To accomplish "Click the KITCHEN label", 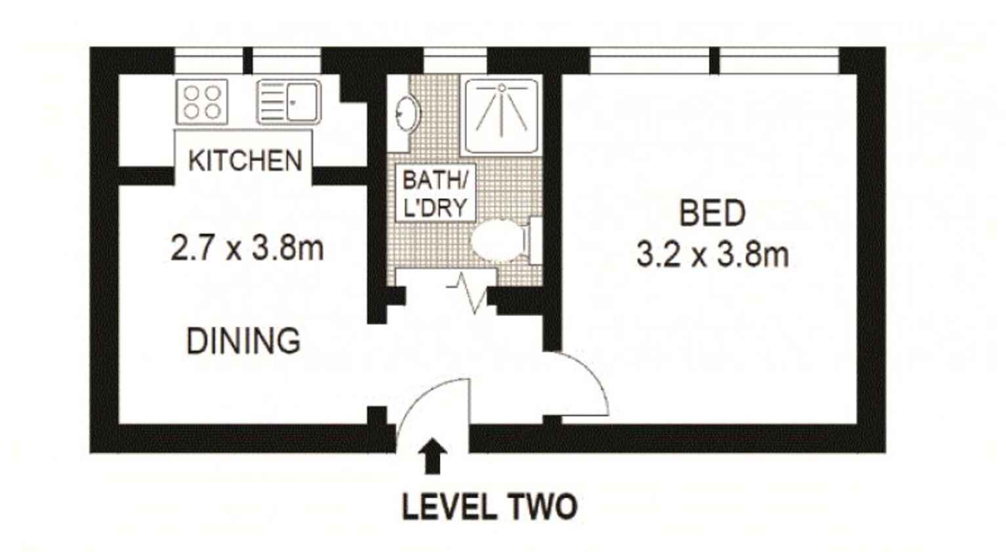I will tap(245, 161).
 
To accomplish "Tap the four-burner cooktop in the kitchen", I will tap(202, 102).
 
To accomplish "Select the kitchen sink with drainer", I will tap(289, 102).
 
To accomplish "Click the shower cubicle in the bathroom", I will tap(502, 115).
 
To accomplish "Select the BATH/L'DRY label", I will tap(435, 193).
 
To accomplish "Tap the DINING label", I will tap(243, 341).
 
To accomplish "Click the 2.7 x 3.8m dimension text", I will tap(247, 249).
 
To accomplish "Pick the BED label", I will tap(712, 213).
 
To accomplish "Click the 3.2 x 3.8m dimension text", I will tap(712, 254).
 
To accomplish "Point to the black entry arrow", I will tap(433, 456).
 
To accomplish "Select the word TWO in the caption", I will tap(542, 507).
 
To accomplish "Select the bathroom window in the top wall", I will tap(455, 62).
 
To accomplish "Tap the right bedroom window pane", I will tap(779, 62).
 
